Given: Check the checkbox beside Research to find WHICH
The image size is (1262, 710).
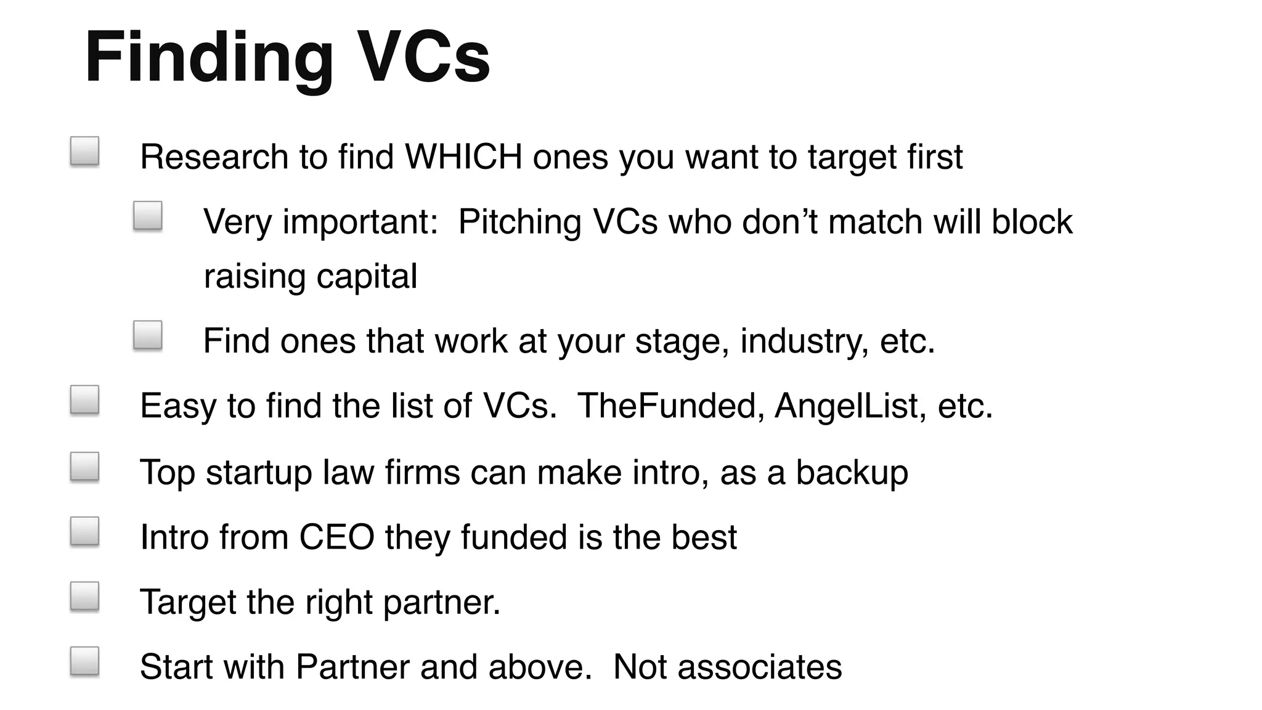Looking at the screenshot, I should coord(84,152).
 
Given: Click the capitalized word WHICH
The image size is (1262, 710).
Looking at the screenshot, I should coord(463,157).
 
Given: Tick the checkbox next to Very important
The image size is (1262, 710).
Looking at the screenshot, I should coord(148,216).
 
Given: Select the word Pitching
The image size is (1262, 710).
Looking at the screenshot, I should coord(519,222).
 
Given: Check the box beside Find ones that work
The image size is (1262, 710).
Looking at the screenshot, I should coord(148,335).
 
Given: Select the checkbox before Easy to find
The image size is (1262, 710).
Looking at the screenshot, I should coord(84,400).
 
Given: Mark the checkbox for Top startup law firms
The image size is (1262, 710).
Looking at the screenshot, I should coord(84,467).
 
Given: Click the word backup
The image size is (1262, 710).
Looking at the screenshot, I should coord(852,473).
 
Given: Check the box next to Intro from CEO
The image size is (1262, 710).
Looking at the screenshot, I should coord(84,531).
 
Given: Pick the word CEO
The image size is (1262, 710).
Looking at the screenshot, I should coord(336,537).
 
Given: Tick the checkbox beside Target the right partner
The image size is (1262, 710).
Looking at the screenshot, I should coord(84,596).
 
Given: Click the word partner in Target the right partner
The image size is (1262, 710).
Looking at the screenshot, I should coord(441,602).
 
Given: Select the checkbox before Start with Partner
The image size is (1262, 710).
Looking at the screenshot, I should coord(84,661).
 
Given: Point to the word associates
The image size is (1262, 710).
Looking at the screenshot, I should coord(760,667).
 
